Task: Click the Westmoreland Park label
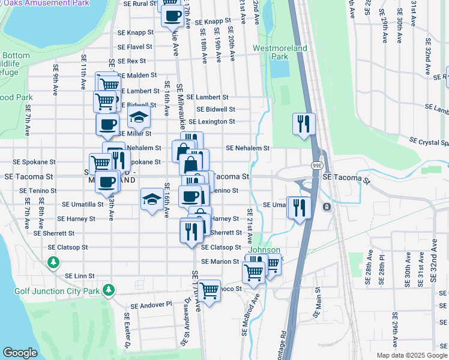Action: point(279,52)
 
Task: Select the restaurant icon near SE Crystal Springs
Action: point(303,124)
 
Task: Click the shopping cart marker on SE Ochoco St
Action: point(209,291)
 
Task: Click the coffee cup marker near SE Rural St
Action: point(172,16)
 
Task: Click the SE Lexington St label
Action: point(212,122)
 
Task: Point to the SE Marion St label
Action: point(220,262)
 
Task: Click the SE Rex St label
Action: point(132,61)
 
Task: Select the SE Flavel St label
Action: point(135,47)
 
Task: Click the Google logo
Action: point(20,353)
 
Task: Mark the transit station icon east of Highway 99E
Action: point(327,207)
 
